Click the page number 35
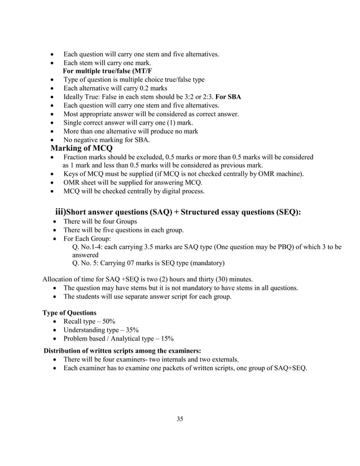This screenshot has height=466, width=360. pos(180,419)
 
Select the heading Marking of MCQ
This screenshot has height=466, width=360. pos(82,148)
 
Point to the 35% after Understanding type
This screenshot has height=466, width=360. pos(131,330)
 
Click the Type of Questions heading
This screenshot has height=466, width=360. pos(69,313)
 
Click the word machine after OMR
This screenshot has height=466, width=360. pos(291,174)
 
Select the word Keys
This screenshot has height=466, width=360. pos(72,174)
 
